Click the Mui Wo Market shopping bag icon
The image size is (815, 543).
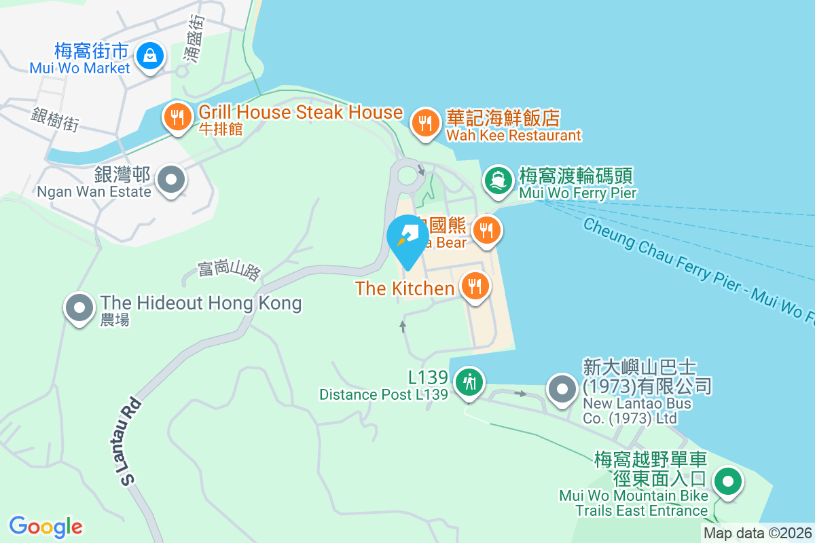point(149,56)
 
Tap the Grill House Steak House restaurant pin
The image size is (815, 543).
point(177,118)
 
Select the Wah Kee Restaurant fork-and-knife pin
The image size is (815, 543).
point(425,124)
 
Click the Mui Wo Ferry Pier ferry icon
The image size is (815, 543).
point(499,181)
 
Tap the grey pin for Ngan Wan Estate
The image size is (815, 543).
point(171,181)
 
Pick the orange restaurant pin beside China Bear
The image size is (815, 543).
point(486,231)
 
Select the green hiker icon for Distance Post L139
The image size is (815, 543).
point(468,382)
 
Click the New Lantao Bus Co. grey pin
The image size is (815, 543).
point(562,390)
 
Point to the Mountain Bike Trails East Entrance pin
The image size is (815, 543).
point(728,483)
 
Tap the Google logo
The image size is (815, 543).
point(46,527)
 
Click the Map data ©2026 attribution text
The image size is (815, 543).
point(757,533)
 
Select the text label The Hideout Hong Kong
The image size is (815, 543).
point(201,303)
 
